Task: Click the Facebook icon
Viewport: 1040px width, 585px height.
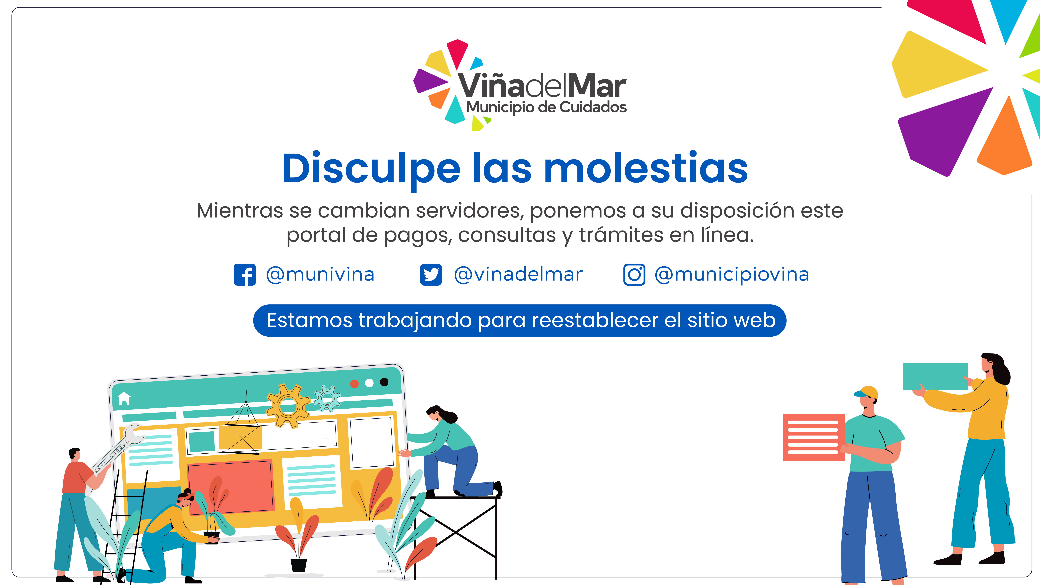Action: coord(245,275)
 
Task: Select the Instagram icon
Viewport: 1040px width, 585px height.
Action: coord(634,275)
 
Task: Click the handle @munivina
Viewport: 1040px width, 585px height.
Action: coord(320,275)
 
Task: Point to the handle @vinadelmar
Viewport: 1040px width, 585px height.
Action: coord(518,275)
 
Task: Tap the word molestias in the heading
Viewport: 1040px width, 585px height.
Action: coord(646,168)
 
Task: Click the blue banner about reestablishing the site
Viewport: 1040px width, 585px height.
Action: coord(520,320)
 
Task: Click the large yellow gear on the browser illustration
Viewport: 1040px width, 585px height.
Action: coord(288,405)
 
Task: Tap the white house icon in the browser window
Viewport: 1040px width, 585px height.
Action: coord(124,398)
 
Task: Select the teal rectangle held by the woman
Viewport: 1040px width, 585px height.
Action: coord(935,376)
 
